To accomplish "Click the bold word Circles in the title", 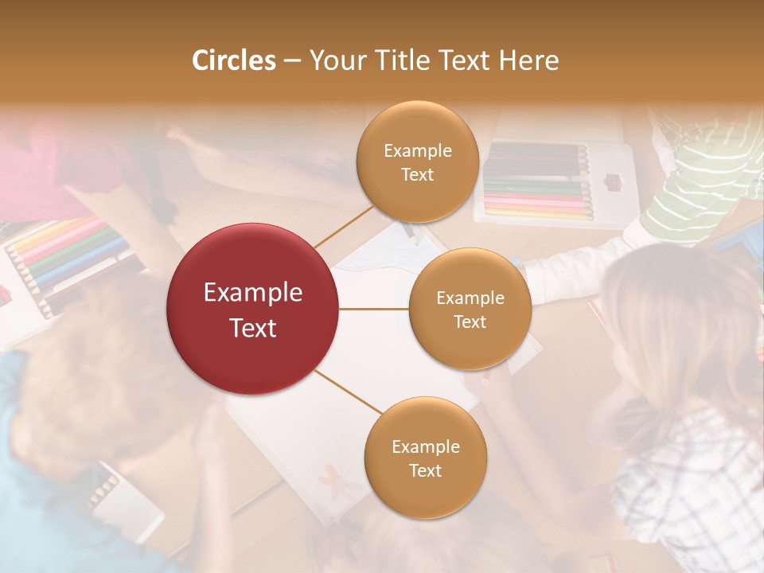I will [x=233, y=60].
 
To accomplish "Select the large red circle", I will [x=253, y=309].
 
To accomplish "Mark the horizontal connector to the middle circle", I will [x=374, y=309].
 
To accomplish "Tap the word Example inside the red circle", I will [x=253, y=293].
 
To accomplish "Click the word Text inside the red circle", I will [x=253, y=328].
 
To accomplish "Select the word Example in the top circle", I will [x=417, y=151].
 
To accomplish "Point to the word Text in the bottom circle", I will [x=425, y=470].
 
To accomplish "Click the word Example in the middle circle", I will [x=470, y=298].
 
